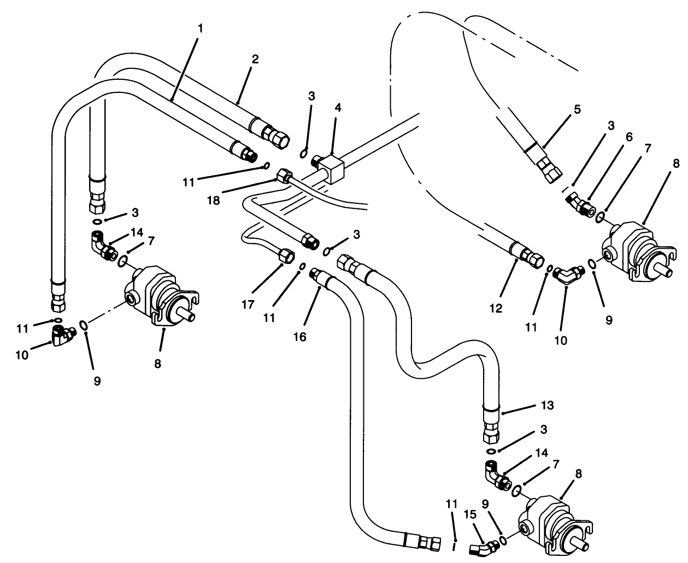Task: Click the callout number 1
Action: pos(200,27)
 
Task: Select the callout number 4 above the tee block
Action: pos(338,107)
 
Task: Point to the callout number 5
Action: pos(578,109)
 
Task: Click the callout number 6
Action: pos(629,138)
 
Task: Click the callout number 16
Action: pos(299,337)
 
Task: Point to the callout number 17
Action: pos(249,304)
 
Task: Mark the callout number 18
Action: pos(214,201)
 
